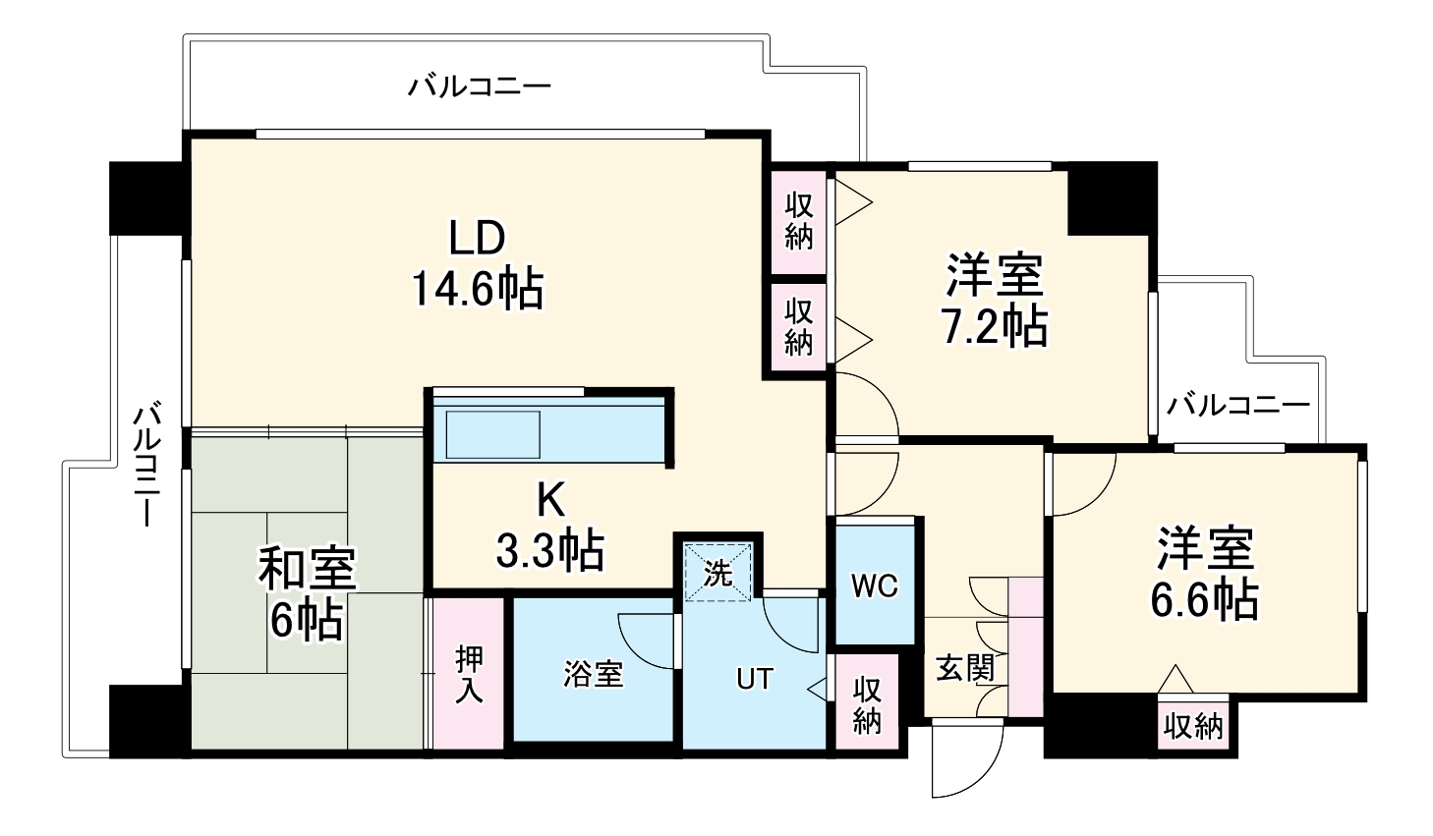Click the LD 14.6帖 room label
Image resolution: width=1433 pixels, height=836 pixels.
[x=477, y=263]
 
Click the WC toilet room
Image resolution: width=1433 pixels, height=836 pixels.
[x=875, y=585]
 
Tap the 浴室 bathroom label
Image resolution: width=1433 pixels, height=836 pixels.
[x=593, y=675]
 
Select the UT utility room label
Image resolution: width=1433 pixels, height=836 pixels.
[x=755, y=678]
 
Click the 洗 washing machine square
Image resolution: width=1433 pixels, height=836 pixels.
[x=717, y=572]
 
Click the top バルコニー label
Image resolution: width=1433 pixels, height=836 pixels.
[x=480, y=86]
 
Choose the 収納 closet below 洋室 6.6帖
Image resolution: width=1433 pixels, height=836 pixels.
[x=1193, y=727]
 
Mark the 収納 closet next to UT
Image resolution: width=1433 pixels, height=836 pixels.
[x=866, y=703]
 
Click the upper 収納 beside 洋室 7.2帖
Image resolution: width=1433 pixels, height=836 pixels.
[x=799, y=221]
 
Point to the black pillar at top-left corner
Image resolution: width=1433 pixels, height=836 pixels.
[x=146, y=196]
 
